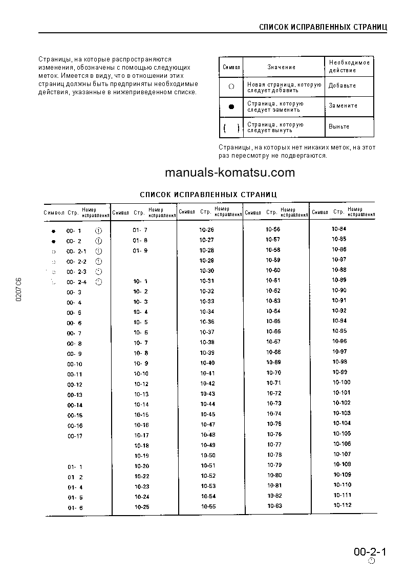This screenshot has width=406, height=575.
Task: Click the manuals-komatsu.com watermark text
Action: pyautogui.click(x=230, y=173)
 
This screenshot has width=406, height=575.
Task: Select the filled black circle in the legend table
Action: pyautogui.click(x=231, y=107)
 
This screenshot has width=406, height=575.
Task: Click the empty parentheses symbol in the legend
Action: pyautogui.click(x=231, y=127)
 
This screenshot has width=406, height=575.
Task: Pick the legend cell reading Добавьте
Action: pyautogui.click(x=342, y=86)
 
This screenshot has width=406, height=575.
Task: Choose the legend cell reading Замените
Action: pyautogui.click(x=343, y=105)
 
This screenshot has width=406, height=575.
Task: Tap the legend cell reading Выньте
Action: pyautogui.click(x=339, y=126)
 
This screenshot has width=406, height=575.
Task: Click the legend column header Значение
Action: pyautogui.click(x=281, y=67)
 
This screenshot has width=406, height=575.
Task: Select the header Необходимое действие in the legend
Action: pyautogui.click(x=349, y=66)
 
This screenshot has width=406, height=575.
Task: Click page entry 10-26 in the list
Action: pyautogui.click(x=207, y=230)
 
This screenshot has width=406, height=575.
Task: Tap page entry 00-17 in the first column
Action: pyautogui.click(x=75, y=436)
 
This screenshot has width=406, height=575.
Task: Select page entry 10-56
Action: pyautogui.click(x=273, y=229)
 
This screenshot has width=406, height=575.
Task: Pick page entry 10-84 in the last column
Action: pyautogui.click(x=339, y=229)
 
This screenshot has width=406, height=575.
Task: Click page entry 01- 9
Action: pyautogui.click(x=140, y=250)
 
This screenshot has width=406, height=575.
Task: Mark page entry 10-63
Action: pyautogui.click(x=274, y=506)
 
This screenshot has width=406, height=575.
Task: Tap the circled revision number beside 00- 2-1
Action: pyautogui.click(x=99, y=251)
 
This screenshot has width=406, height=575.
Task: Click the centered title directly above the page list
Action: pyautogui.click(x=208, y=195)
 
